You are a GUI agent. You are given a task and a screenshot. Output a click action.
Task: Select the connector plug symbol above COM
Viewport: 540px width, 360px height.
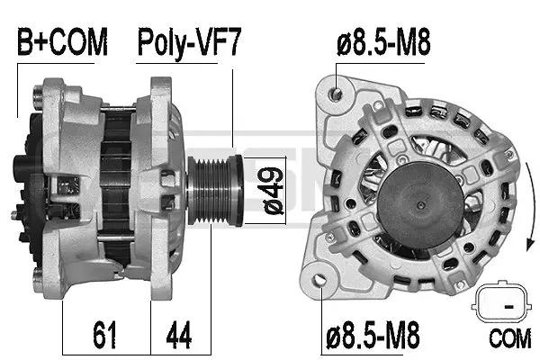click(x=496, y=304)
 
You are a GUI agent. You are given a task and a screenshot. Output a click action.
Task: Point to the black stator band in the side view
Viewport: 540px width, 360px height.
click(x=115, y=180)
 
